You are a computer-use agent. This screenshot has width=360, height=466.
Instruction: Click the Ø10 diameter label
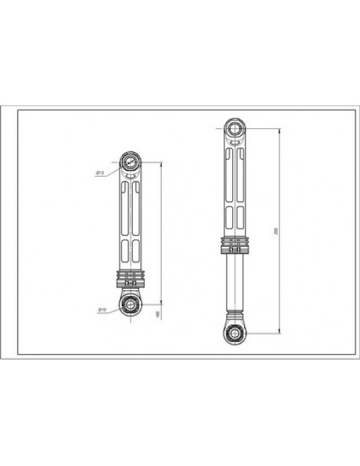(x=102, y=309)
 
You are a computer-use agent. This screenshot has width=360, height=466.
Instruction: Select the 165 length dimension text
(x=156, y=315)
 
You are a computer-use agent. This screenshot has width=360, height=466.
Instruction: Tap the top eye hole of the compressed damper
(x=131, y=160)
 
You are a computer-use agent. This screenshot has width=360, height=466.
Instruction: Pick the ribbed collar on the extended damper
(x=235, y=246)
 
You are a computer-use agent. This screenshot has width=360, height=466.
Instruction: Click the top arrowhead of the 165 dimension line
(x=160, y=163)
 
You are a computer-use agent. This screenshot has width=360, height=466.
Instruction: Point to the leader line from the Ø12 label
(x=113, y=170)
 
